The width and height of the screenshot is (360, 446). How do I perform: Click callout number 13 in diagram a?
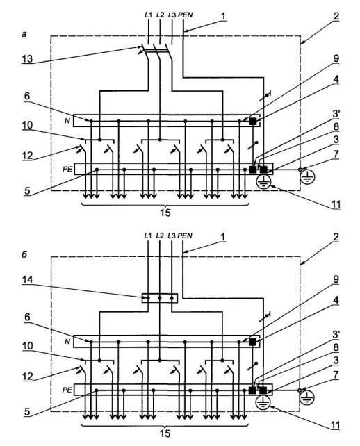click(28, 59)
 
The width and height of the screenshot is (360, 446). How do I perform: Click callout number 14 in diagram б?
click(28, 280)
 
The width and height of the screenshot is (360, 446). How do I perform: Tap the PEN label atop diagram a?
click(186, 15)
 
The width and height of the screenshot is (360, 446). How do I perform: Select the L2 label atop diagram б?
click(161, 236)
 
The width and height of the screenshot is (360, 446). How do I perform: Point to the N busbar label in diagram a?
click(67, 121)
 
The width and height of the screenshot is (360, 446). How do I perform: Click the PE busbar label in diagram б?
click(67, 390)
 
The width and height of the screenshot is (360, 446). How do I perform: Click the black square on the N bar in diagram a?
click(253, 121)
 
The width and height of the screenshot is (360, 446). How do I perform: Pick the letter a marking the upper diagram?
click(24, 35)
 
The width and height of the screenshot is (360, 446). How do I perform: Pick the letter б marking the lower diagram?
click(24, 254)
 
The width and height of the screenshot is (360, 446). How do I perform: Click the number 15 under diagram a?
click(165, 213)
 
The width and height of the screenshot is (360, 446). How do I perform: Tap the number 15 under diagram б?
click(165, 433)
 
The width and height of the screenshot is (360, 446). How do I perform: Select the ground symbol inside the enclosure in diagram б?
click(263, 403)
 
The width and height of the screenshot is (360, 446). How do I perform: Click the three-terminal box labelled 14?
click(160, 298)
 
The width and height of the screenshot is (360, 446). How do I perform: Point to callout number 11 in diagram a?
click(336, 204)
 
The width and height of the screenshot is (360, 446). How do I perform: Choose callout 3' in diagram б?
click(336, 335)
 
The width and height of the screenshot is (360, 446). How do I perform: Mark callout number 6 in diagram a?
click(27, 96)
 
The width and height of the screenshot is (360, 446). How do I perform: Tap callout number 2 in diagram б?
click(336, 237)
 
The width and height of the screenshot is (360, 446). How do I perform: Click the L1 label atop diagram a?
click(149, 15)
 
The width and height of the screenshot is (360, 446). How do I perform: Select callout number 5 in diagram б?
click(27, 411)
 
